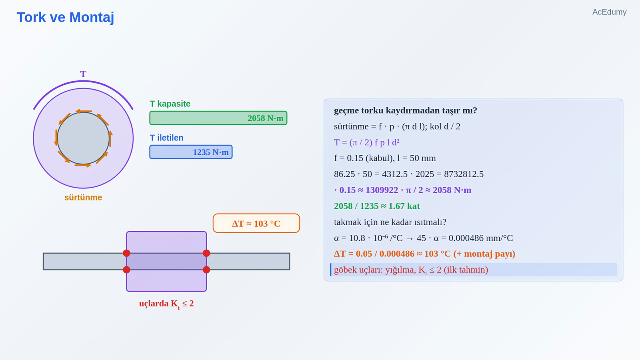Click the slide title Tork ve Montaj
click(x=66, y=18)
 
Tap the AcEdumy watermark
click(x=609, y=12)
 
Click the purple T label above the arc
click(x=83, y=74)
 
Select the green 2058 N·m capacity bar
click(x=218, y=118)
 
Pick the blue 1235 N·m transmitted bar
click(x=191, y=152)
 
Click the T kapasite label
click(x=170, y=104)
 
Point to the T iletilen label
click(x=166, y=138)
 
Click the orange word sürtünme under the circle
click(x=83, y=198)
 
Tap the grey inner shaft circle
click(x=83, y=138)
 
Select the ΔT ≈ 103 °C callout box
click(x=256, y=223)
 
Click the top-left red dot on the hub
click(x=126, y=253)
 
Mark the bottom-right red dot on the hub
click(x=206, y=270)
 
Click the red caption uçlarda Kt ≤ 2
click(x=166, y=304)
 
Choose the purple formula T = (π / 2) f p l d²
click(x=366, y=142)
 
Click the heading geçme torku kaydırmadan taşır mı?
click(x=406, y=110)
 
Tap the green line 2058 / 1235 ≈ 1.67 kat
click(x=377, y=206)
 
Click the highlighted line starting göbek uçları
click(x=411, y=270)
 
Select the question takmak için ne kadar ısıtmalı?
click(x=390, y=222)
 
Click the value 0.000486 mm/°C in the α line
click(x=480, y=238)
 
